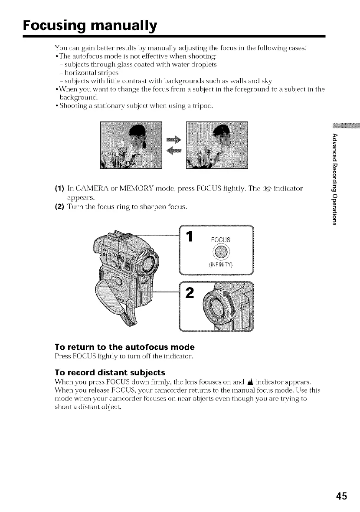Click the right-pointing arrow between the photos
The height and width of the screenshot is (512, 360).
pos(173,139)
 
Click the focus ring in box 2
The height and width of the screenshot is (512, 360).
pos(215,306)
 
